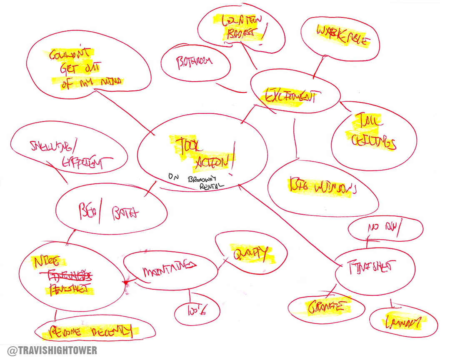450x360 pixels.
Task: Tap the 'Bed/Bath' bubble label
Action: pos(110,213)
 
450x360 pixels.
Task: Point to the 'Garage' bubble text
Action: pos(326,307)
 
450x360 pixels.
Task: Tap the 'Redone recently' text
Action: pos(93,332)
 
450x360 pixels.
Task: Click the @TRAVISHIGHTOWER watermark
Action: pos(52,350)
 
